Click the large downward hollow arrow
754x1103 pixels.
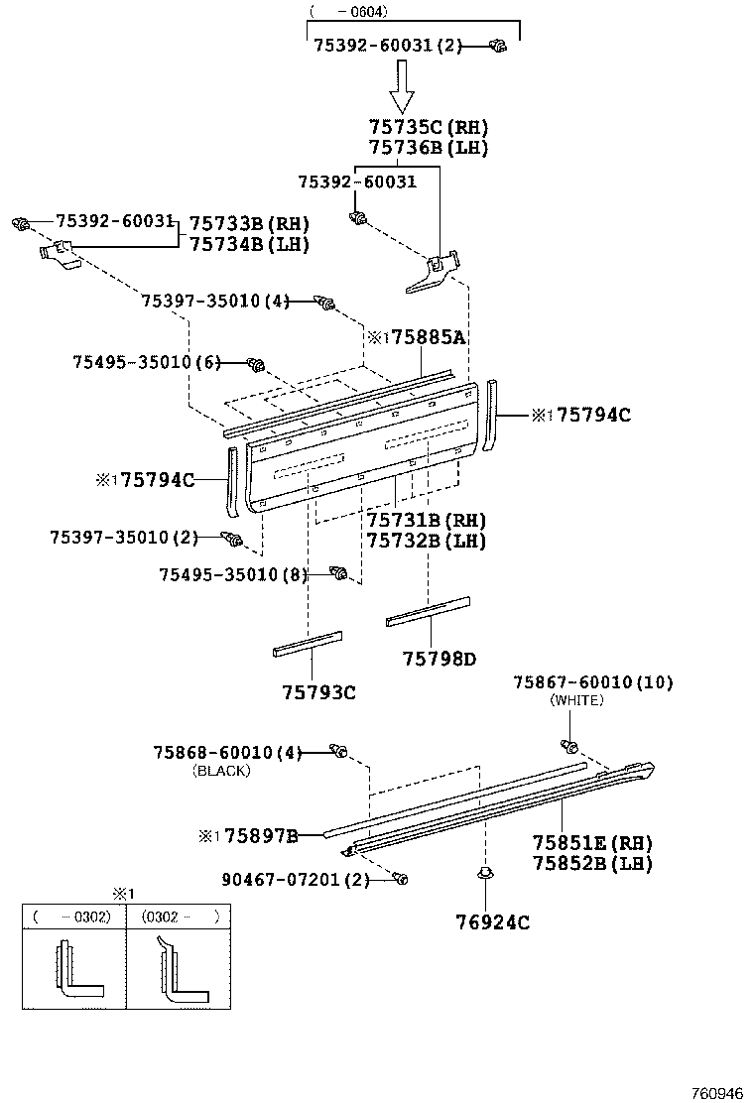click(x=401, y=87)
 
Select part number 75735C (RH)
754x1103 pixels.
click(x=428, y=128)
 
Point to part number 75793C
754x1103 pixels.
click(x=316, y=691)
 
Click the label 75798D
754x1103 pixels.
click(x=439, y=658)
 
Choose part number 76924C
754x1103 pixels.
click(x=493, y=922)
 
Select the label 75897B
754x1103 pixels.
click(x=261, y=836)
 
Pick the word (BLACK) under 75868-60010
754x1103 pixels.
click(x=222, y=770)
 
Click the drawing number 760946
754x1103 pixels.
click(x=715, y=1093)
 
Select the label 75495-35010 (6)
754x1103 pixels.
click(x=145, y=363)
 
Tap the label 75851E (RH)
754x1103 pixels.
click(x=592, y=843)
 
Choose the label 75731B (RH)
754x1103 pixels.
click(x=426, y=521)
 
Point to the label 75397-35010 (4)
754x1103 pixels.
click(x=214, y=301)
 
